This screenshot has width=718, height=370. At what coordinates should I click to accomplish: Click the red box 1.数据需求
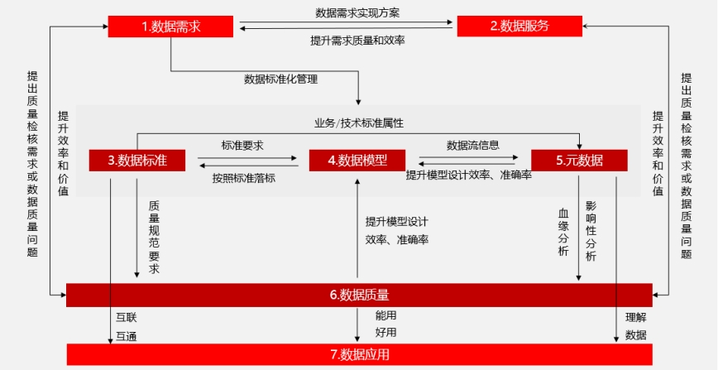tap(170, 26)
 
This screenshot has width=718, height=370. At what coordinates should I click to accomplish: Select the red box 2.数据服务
tap(519, 26)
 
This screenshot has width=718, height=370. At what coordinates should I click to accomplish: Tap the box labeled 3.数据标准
tap(137, 161)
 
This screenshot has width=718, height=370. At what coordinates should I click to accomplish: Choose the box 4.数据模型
tap(357, 161)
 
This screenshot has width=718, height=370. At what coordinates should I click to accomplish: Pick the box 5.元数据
tap(579, 161)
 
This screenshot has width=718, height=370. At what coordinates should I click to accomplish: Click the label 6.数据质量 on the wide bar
tap(360, 296)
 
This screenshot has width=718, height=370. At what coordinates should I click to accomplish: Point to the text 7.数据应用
tap(360, 355)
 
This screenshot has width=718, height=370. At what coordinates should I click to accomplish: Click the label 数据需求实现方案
tap(357, 13)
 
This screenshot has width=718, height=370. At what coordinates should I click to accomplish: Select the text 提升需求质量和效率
tap(357, 41)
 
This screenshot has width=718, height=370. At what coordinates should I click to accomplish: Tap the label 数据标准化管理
tap(280, 79)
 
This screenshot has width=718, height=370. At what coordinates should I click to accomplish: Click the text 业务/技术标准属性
tap(358, 123)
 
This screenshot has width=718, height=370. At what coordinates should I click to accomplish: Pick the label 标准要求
tap(242, 147)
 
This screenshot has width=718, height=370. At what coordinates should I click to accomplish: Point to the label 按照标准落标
tap(243, 178)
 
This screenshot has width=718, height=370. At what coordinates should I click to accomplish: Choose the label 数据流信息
tap(473, 146)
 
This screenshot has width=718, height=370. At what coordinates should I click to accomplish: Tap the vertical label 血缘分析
tap(563, 232)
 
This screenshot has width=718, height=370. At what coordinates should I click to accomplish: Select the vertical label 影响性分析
tap(591, 231)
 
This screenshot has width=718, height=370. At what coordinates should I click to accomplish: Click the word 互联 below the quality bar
tap(127, 317)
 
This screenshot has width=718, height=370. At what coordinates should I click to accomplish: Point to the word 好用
tap(385, 332)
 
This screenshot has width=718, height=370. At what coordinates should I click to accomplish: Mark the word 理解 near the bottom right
tap(636, 317)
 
